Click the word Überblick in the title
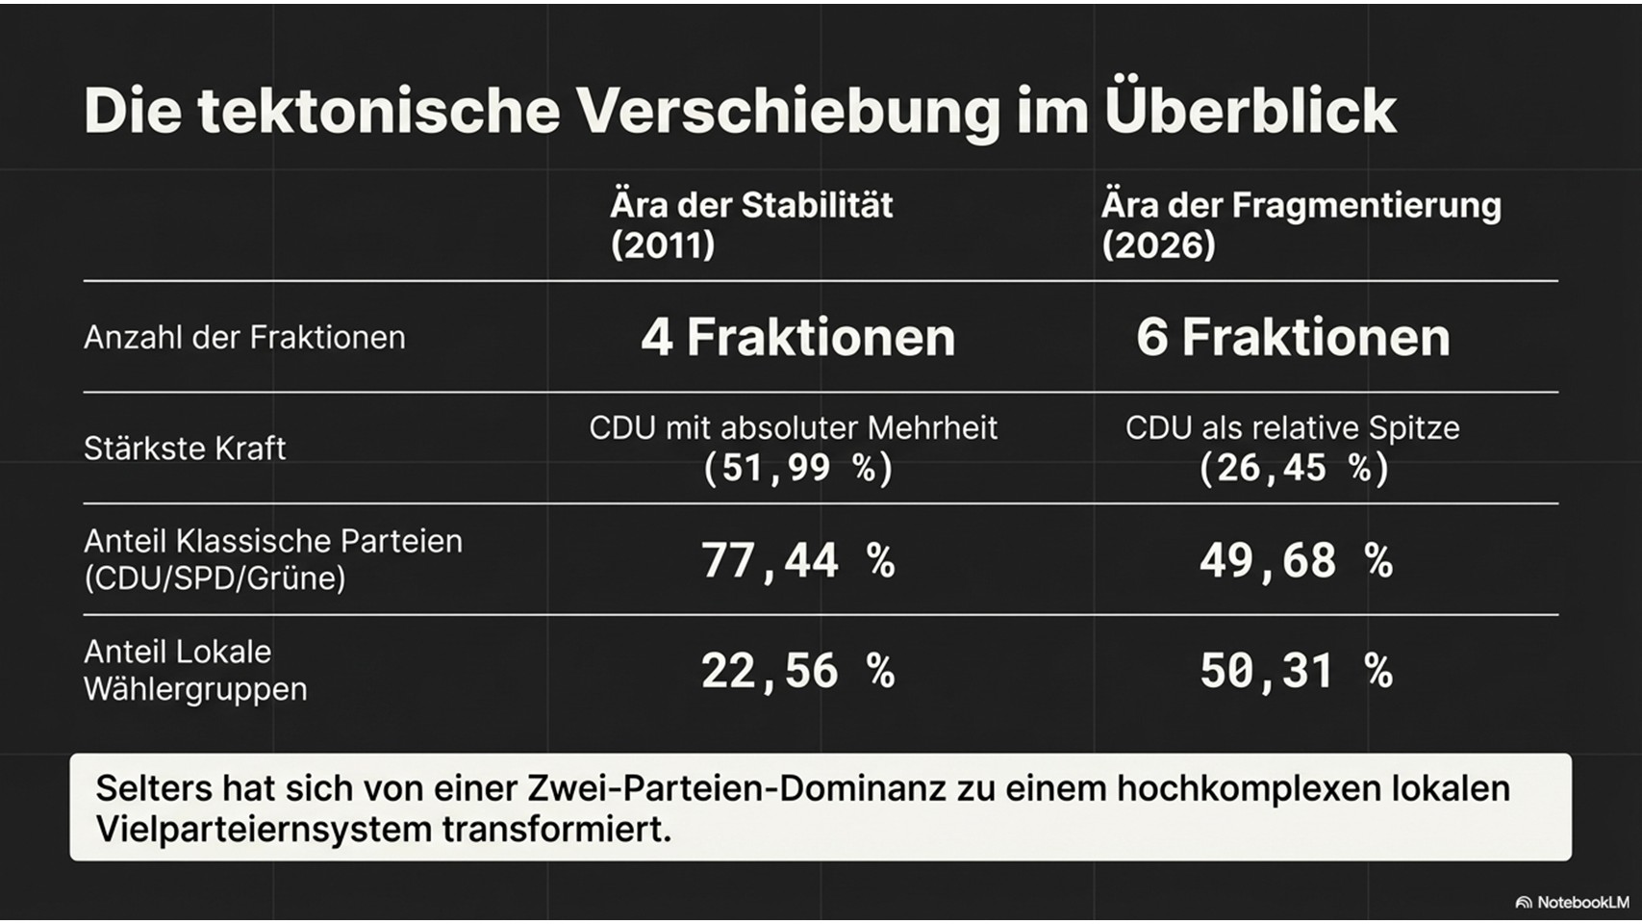(x=1250, y=110)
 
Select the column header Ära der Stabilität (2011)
(x=751, y=224)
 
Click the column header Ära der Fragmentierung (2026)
(x=1301, y=224)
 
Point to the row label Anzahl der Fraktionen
(x=244, y=338)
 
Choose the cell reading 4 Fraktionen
(x=797, y=338)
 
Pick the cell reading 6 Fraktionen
(x=1293, y=338)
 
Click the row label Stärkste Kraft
(x=185, y=449)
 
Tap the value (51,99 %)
(x=797, y=469)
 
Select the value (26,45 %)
(x=1294, y=469)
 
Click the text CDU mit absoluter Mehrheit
(x=793, y=427)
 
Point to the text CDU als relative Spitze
(x=1292, y=427)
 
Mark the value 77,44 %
(x=797, y=560)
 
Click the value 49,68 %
(x=1295, y=560)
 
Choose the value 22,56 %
(x=797, y=671)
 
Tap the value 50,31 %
(x=1295, y=671)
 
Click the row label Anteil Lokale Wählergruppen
(x=194, y=670)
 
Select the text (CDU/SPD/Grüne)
(x=215, y=578)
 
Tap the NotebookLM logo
(x=1572, y=903)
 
